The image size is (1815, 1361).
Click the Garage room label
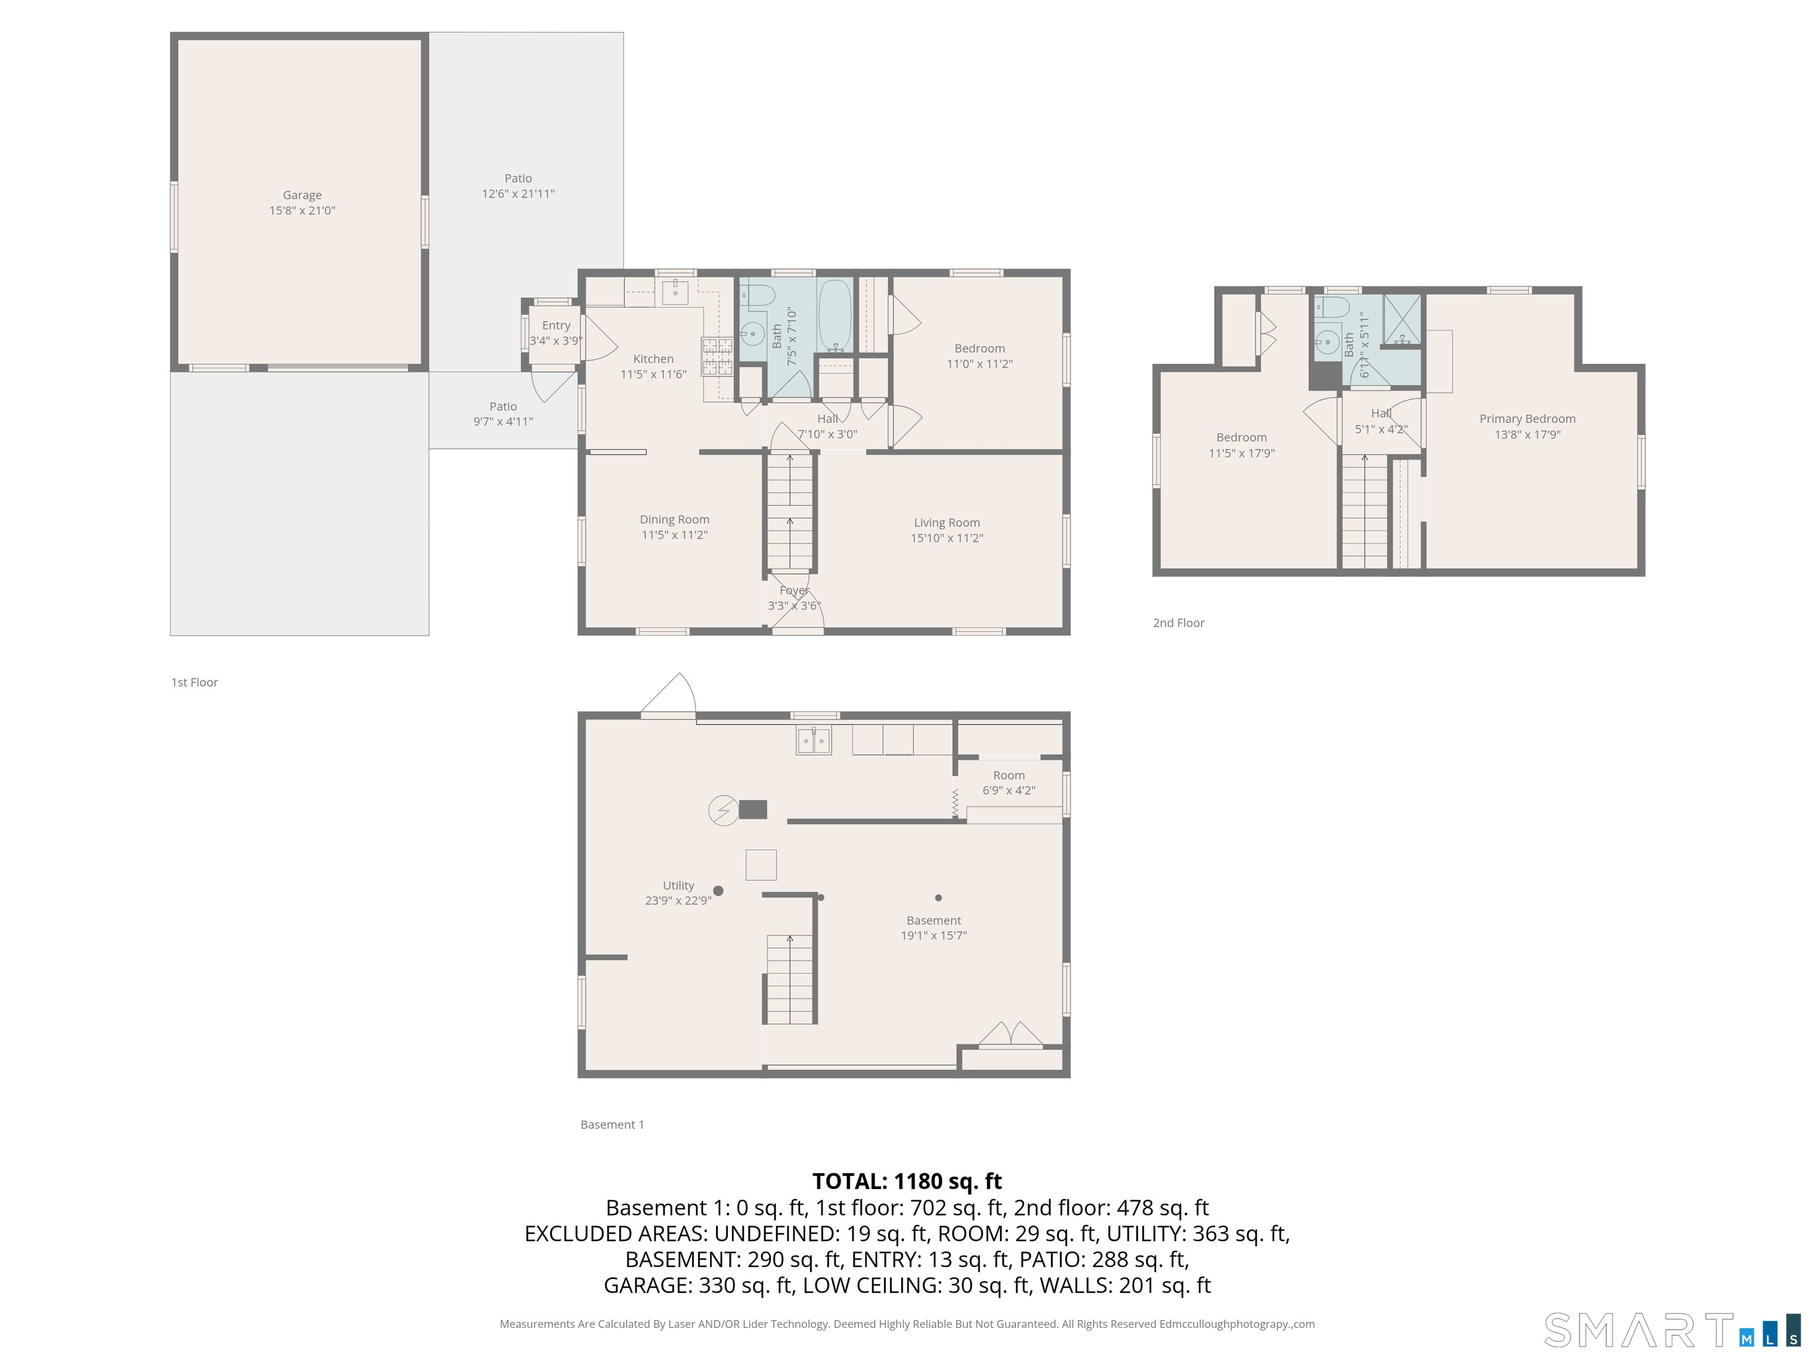point(302,196)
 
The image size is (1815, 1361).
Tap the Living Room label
point(947,523)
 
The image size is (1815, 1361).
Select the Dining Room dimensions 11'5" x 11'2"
point(675,535)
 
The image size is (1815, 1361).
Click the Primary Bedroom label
point(1527,418)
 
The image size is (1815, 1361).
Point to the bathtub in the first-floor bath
point(835,317)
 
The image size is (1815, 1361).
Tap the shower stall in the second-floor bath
point(1402,321)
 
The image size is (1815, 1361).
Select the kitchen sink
point(675,291)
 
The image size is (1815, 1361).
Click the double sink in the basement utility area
point(813,740)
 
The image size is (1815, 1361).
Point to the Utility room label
point(679,885)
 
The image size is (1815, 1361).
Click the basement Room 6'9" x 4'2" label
point(1009,783)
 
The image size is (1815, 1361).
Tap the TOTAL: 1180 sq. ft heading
point(907,1181)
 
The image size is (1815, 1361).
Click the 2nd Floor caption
point(1178,623)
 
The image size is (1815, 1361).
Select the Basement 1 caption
point(612,1125)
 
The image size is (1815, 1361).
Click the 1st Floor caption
point(194,682)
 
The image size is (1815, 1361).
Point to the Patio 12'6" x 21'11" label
point(518,186)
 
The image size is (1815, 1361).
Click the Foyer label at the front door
point(794,591)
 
